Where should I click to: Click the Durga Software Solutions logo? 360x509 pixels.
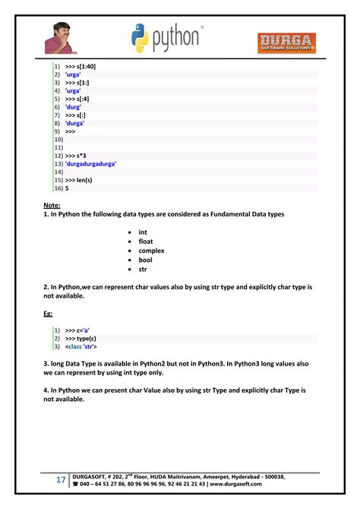[287, 42]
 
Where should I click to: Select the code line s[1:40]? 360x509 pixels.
[80, 67]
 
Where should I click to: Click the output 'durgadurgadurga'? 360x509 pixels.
[95, 163]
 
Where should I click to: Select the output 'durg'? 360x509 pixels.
[74, 107]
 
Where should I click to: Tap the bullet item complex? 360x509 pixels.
[151, 251]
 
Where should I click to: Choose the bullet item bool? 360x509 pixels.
[145, 260]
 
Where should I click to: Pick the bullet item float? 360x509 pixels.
[145, 241]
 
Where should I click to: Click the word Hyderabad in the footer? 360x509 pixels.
[240, 476]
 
